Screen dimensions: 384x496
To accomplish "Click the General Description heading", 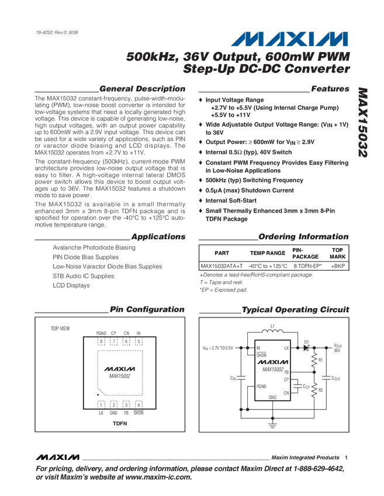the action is click(142, 89).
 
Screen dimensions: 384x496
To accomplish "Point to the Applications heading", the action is click(158, 237).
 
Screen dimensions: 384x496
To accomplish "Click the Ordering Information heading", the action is click(304, 237).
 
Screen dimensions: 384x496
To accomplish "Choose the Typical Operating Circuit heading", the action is click(296, 309).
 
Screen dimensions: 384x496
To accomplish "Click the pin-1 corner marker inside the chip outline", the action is click(101, 392).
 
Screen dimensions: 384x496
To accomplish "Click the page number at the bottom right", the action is click(345, 457).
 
